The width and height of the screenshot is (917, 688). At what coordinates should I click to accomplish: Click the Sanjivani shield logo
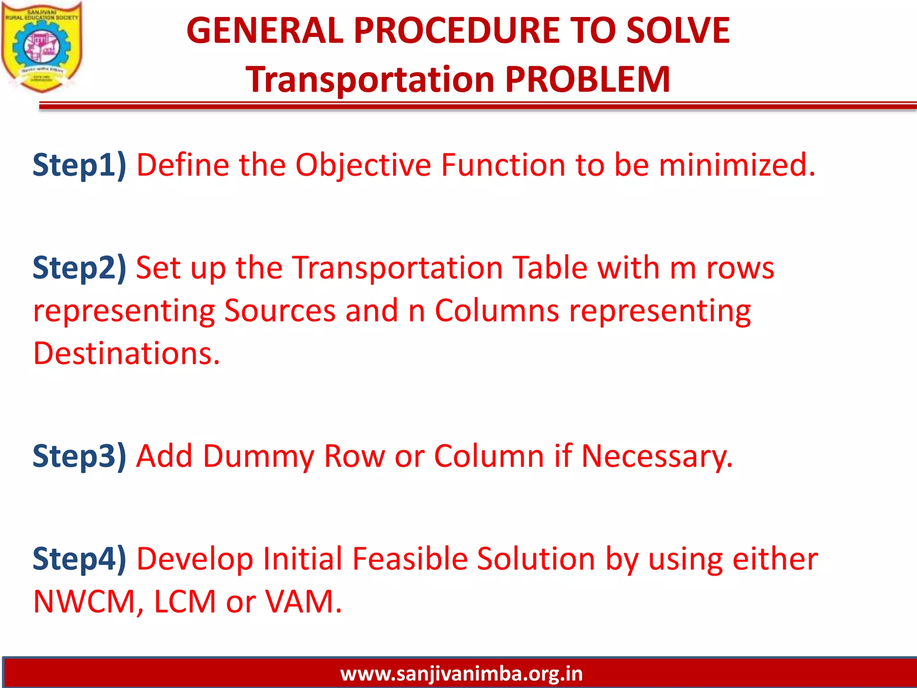(42, 47)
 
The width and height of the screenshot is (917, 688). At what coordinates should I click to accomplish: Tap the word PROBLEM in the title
(588, 79)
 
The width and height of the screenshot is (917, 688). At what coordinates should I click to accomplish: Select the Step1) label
(80, 165)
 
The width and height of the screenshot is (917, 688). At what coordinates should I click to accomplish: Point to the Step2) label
(80, 268)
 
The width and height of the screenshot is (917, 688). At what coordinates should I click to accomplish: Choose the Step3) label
(80, 456)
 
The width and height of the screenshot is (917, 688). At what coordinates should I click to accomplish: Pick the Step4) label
(80, 559)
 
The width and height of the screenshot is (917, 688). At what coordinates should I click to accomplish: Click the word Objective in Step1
(363, 165)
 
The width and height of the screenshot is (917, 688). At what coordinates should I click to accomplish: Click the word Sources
(280, 310)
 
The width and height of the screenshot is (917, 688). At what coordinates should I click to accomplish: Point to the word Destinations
(127, 353)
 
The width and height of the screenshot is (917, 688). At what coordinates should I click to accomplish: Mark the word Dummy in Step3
(258, 456)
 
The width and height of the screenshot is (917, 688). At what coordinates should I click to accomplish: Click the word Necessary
(657, 456)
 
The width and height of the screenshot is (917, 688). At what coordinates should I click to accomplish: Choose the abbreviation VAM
(303, 601)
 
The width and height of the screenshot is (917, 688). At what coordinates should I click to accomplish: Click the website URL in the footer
(461, 674)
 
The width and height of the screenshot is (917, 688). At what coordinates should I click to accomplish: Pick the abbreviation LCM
(185, 601)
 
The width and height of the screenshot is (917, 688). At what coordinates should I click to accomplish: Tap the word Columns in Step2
(497, 310)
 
